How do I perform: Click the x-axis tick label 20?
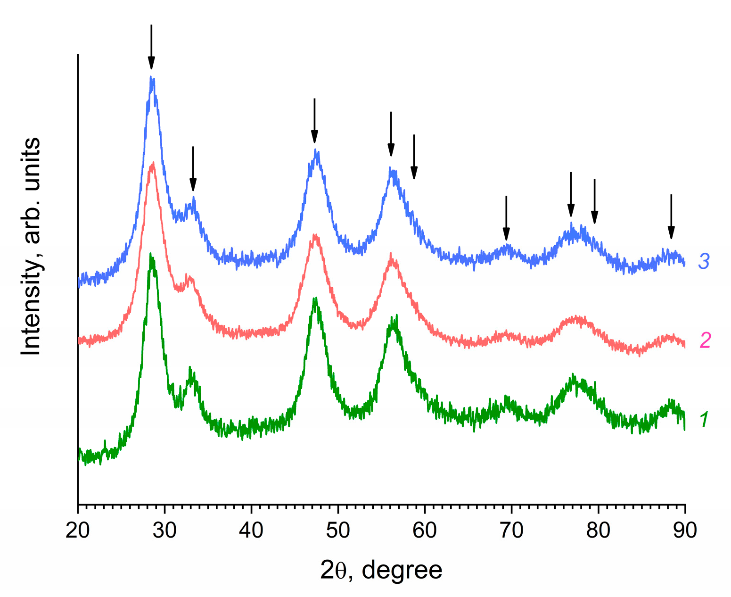pyautogui.click(x=78, y=531)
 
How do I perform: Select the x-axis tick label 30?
pyautogui.click(x=164, y=531)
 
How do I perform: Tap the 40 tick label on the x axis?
pyautogui.click(x=251, y=531)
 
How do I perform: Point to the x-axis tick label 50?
pyautogui.click(x=338, y=531)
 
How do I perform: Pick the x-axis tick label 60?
pyautogui.click(x=425, y=531)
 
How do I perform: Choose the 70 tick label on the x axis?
pyautogui.click(x=511, y=531)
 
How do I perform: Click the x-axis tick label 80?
pyautogui.click(x=598, y=531)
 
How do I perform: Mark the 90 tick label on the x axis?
pyautogui.click(x=685, y=531)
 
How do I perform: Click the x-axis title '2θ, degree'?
pyautogui.click(x=381, y=570)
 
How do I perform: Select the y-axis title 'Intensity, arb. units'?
pyautogui.click(x=32, y=246)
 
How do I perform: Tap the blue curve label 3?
pyautogui.click(x=704, y=261)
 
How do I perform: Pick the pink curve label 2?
pyautogui.click(x=705, y=340)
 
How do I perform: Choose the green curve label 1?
pyautogui.click(x=704, y=419)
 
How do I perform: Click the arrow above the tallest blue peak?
pyautogui.click(x=151, y=47)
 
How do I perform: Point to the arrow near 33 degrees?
pyautogui.click(x=193, y=169)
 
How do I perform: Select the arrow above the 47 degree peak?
pyautogui.click(x=314, y=121)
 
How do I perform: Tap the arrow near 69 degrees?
pyautogui.click(x=506, y=218)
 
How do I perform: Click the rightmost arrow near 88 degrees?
pyautogui.click(x=671, y=217)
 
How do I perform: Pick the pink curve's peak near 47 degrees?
pyautogui.click(x=315, y=235)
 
